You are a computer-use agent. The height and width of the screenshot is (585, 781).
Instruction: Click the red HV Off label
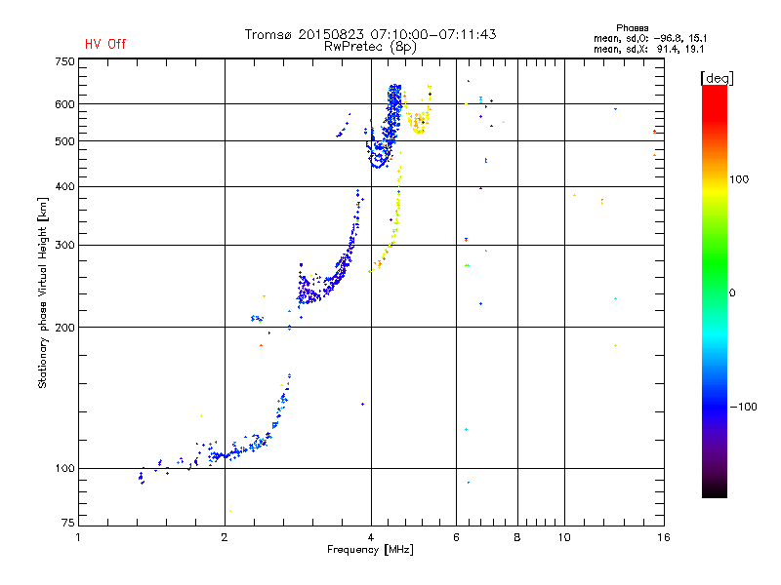104,44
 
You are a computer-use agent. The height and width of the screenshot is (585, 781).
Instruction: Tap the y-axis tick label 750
64,60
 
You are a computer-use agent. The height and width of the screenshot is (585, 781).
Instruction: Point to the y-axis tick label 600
64,103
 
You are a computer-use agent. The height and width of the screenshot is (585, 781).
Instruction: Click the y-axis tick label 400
64,186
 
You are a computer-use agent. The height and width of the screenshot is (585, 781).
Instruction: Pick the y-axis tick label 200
64,327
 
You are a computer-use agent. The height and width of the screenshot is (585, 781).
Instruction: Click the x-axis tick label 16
662,537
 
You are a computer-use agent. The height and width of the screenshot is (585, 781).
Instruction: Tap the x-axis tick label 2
225,537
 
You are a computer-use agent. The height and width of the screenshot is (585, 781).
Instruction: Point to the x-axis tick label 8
517,537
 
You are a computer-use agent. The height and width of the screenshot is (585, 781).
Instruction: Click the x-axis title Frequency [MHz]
370,551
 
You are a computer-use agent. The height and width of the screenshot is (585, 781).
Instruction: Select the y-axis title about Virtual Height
43,292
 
